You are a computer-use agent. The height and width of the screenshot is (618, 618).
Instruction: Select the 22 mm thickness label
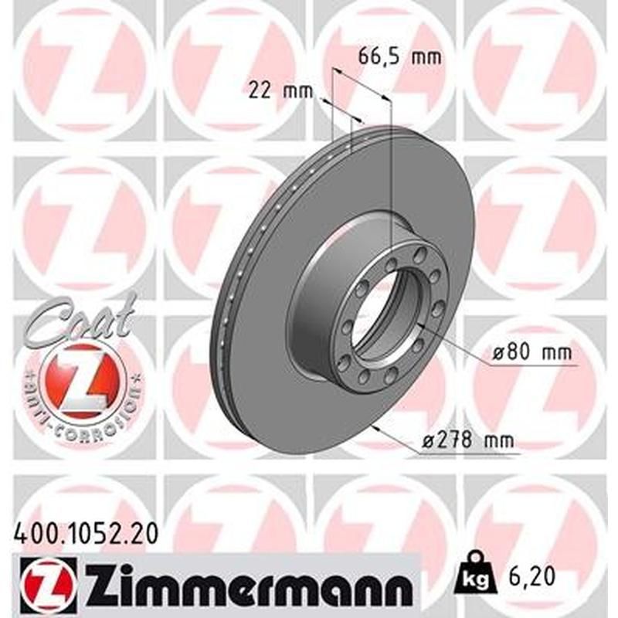(x=275, y=91)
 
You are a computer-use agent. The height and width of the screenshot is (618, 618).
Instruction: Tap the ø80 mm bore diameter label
(x=532, y=354)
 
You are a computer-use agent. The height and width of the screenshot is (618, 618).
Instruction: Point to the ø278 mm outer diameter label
(x=467, y=442)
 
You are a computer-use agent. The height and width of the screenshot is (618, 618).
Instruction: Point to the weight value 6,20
(x=531, y=576)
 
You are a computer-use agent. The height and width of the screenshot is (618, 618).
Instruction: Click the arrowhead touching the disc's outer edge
(x=374, y=426)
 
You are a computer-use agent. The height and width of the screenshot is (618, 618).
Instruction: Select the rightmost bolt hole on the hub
(x=438, y=309)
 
